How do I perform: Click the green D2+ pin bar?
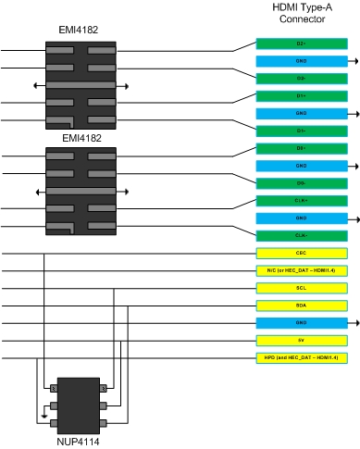pyautogui.click(x=302, y=44)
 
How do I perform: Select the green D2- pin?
pyautogui.click(x=302, y=78)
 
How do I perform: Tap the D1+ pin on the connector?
pyautogui.click(x=302, y=95)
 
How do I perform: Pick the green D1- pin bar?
pyautogui.click(x=302, y=131)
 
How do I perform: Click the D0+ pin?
pyautogui.click(x=302, y=148)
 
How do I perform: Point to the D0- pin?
pyautogui.click(x=302, y=183)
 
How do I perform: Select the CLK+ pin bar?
pyautogui.click(x=302, y=200)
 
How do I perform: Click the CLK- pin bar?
pyautogui.click(x=302, y=235)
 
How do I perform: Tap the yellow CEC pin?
pyautogui.click(x=302, y=253)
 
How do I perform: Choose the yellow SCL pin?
pyautogui.click(x=302, y=288)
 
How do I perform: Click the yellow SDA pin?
pyautogui.click(x=302, y=305)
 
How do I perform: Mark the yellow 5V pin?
pyautogui.click(x=302, y=340)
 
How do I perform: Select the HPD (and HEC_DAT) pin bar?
pyautogui.click(x=302, y=357)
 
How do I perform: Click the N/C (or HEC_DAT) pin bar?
pyautogui.click(x=302, y=270)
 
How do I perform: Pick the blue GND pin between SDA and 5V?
pyautogui.click(x=302, y=322)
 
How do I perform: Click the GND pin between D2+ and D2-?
pyautogui.click(x=302, y=61)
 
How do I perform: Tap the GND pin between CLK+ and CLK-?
pyautogui.click(x=302, y=218)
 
